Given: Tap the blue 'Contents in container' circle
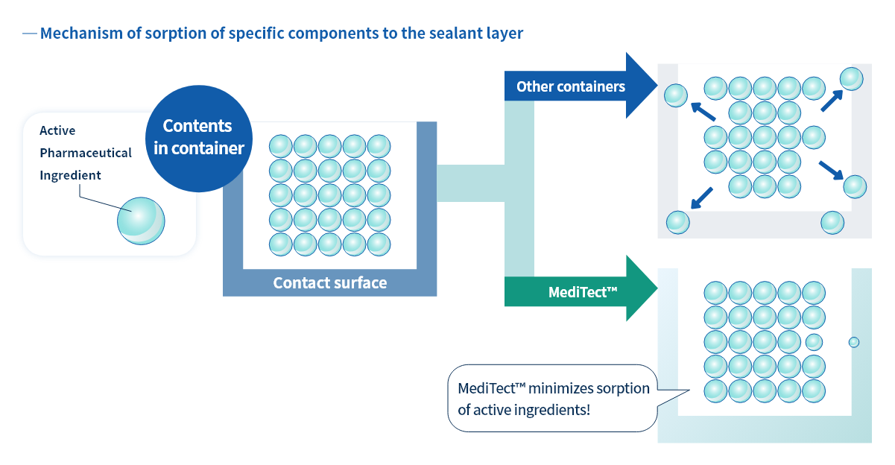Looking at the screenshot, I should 199,137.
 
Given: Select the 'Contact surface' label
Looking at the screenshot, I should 329,283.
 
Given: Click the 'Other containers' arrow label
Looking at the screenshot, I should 570,86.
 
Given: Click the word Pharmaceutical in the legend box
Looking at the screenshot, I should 86,153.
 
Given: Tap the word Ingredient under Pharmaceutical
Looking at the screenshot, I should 70,175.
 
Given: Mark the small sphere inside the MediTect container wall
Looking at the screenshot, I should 854,342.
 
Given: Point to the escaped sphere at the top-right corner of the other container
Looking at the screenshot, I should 852,78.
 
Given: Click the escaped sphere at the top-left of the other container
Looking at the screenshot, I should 676,95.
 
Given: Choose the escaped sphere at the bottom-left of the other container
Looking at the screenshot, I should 677,222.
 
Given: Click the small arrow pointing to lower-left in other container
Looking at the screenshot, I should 701,198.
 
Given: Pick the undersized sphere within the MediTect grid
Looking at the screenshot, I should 814,342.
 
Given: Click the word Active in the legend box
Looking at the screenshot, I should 57,130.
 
